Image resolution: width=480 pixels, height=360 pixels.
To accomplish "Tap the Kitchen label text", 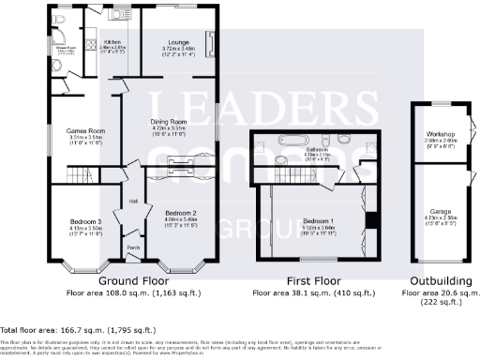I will [112, 43].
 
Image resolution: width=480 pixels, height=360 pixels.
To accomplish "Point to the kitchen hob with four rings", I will [92, 43].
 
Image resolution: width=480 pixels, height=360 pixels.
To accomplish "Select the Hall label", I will [133, 201].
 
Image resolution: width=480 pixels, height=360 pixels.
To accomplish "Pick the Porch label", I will [132, 247].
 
